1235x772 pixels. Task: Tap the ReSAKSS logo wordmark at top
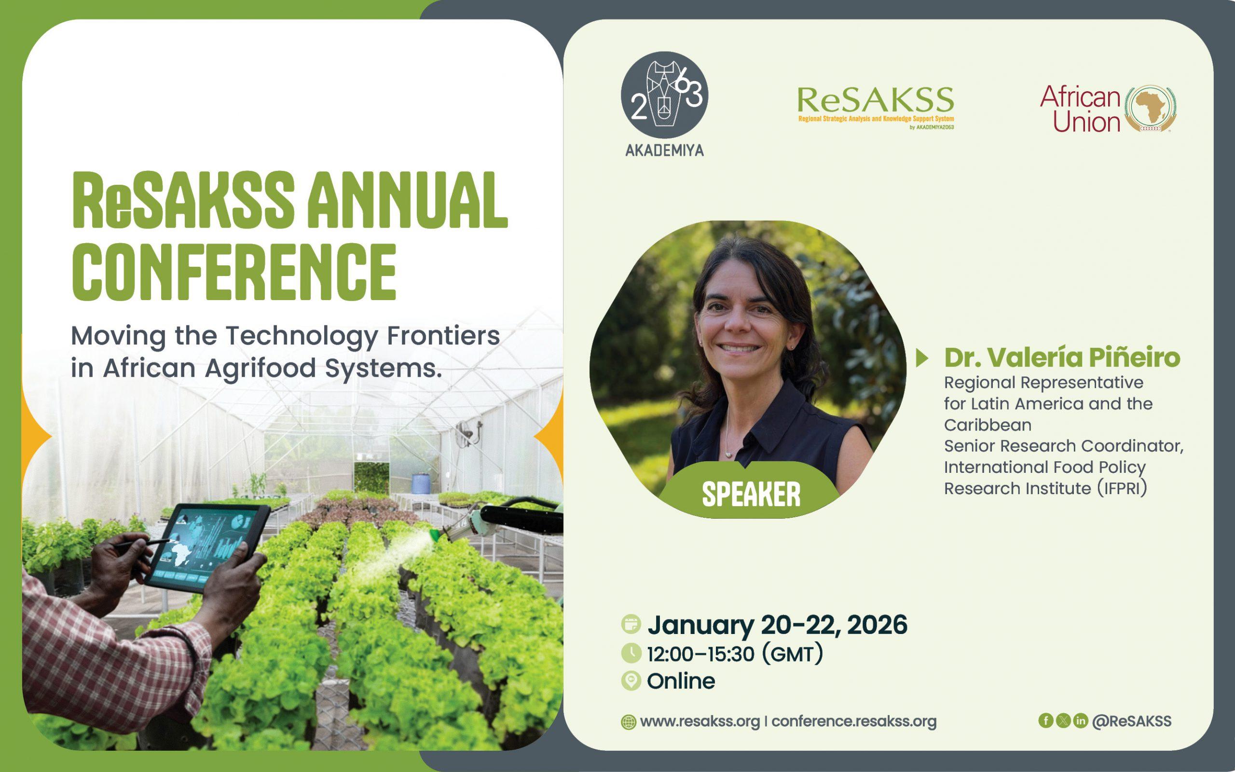875,100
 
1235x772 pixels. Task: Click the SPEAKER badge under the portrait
751,494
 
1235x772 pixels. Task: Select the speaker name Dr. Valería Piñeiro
1062,358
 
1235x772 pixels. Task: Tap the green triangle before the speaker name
922,358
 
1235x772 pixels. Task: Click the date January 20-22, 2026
777,625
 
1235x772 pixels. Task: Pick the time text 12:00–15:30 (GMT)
735,654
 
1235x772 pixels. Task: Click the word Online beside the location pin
681,681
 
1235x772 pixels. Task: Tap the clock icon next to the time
631,653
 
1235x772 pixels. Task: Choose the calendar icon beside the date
631,624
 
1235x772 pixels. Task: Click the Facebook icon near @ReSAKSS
1046,720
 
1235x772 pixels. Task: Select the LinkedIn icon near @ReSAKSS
1080,720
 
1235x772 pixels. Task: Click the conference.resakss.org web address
854,721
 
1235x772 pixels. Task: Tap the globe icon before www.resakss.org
628,722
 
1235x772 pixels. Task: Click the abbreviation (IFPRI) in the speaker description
1122,489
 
